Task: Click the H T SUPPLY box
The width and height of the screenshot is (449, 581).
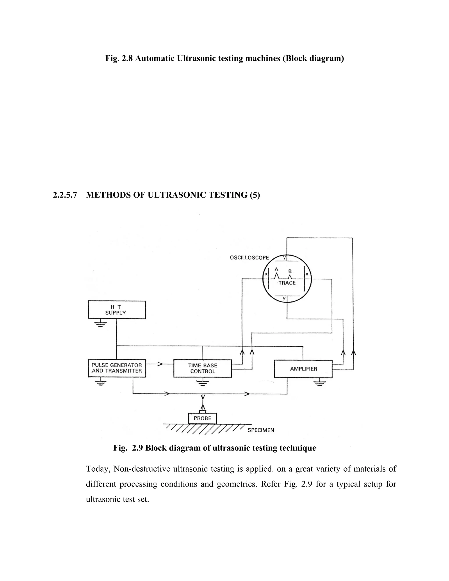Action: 117,310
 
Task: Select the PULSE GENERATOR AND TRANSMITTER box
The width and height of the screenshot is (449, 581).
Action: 117,368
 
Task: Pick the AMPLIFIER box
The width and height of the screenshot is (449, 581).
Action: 303,369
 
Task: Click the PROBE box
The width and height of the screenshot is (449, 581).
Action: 202,418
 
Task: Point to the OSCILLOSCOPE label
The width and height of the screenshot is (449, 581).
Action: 249,258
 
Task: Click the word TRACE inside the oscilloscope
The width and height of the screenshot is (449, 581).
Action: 287,283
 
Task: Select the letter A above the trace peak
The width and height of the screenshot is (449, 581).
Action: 276,269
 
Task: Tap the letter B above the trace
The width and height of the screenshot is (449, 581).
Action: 290,271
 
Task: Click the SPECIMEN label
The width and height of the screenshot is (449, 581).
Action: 261,430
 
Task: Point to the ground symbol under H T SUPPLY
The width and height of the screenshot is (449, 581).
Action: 100,324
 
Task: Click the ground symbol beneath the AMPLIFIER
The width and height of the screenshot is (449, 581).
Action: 319,383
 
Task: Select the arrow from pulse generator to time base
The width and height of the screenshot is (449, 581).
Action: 160,364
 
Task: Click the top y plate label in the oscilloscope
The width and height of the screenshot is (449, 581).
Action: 284,258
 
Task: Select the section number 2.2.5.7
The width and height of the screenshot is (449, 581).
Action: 65,195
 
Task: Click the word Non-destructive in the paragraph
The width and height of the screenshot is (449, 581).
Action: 142,469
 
